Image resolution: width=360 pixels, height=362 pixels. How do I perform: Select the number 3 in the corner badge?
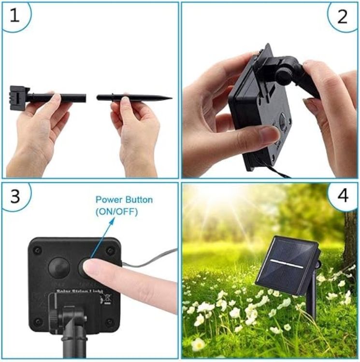click(x=14, y=197)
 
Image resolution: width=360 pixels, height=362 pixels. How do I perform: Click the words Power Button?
click(x=124, y=199)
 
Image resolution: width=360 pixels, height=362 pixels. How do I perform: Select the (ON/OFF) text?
click(x=116, y=211)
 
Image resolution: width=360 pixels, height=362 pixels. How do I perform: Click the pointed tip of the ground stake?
click(x=169, y=98)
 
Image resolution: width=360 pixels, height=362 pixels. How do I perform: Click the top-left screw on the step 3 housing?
click(x=37, y=250)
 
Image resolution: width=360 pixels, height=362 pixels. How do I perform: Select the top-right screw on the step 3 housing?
click(x=111, y=250)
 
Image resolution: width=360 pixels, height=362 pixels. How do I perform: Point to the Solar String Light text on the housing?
click(x=77, y=292)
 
